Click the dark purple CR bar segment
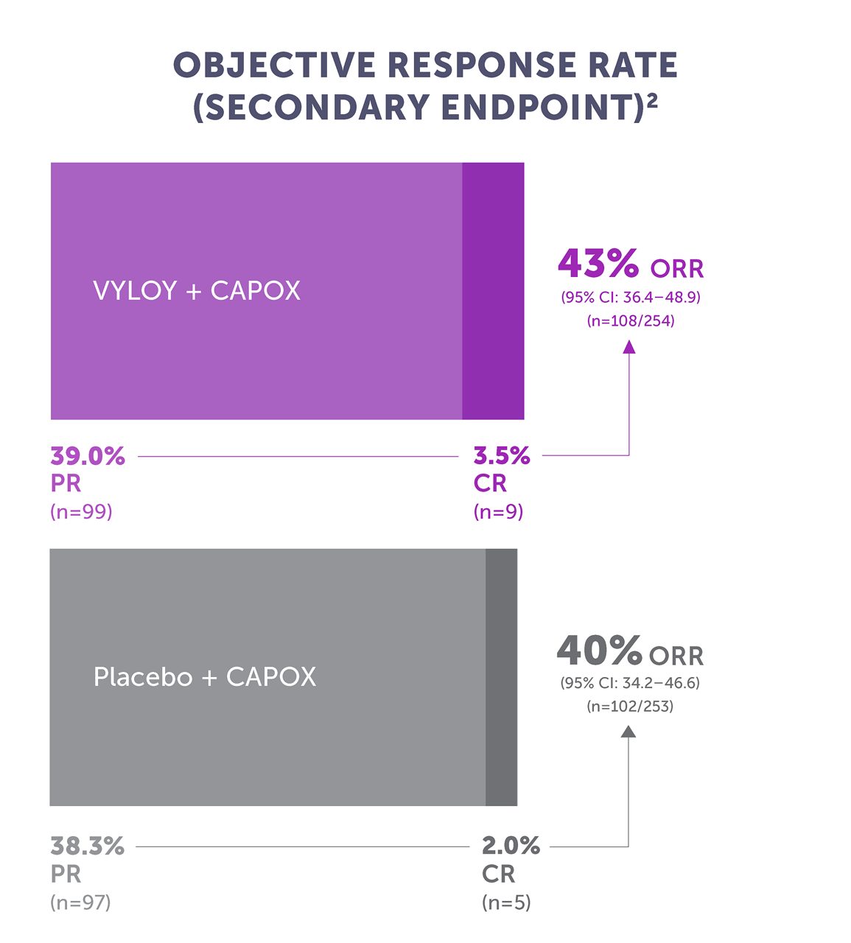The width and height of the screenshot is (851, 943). (x=493, y=291)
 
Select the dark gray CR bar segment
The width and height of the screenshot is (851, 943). (x=501, y=677)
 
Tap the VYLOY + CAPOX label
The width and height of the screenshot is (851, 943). (x=197, y=291)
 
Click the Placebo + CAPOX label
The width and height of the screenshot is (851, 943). (x=205, y=677)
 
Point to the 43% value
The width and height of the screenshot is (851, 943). (x=598, y=264)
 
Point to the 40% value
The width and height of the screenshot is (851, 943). (x=599, y=651)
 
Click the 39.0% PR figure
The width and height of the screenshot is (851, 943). (x=88, y=457)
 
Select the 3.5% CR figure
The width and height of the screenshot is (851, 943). (x=502, y=457)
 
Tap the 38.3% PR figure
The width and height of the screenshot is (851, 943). (x=87, y=846)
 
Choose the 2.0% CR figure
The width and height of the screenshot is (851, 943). (x=511, y=846)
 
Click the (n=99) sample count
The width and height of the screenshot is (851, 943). (x=81, y=511)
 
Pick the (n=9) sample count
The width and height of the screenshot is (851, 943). (x=498, y=511)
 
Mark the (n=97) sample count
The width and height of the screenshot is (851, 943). (x=80, y=902)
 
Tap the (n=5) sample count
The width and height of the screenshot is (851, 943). (x=506, y=902)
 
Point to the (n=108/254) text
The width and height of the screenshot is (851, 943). (x=630, y=320)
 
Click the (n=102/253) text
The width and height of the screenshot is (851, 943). (x=630, y=707)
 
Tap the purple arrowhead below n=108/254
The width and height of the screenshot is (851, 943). (x=629, y=346)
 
